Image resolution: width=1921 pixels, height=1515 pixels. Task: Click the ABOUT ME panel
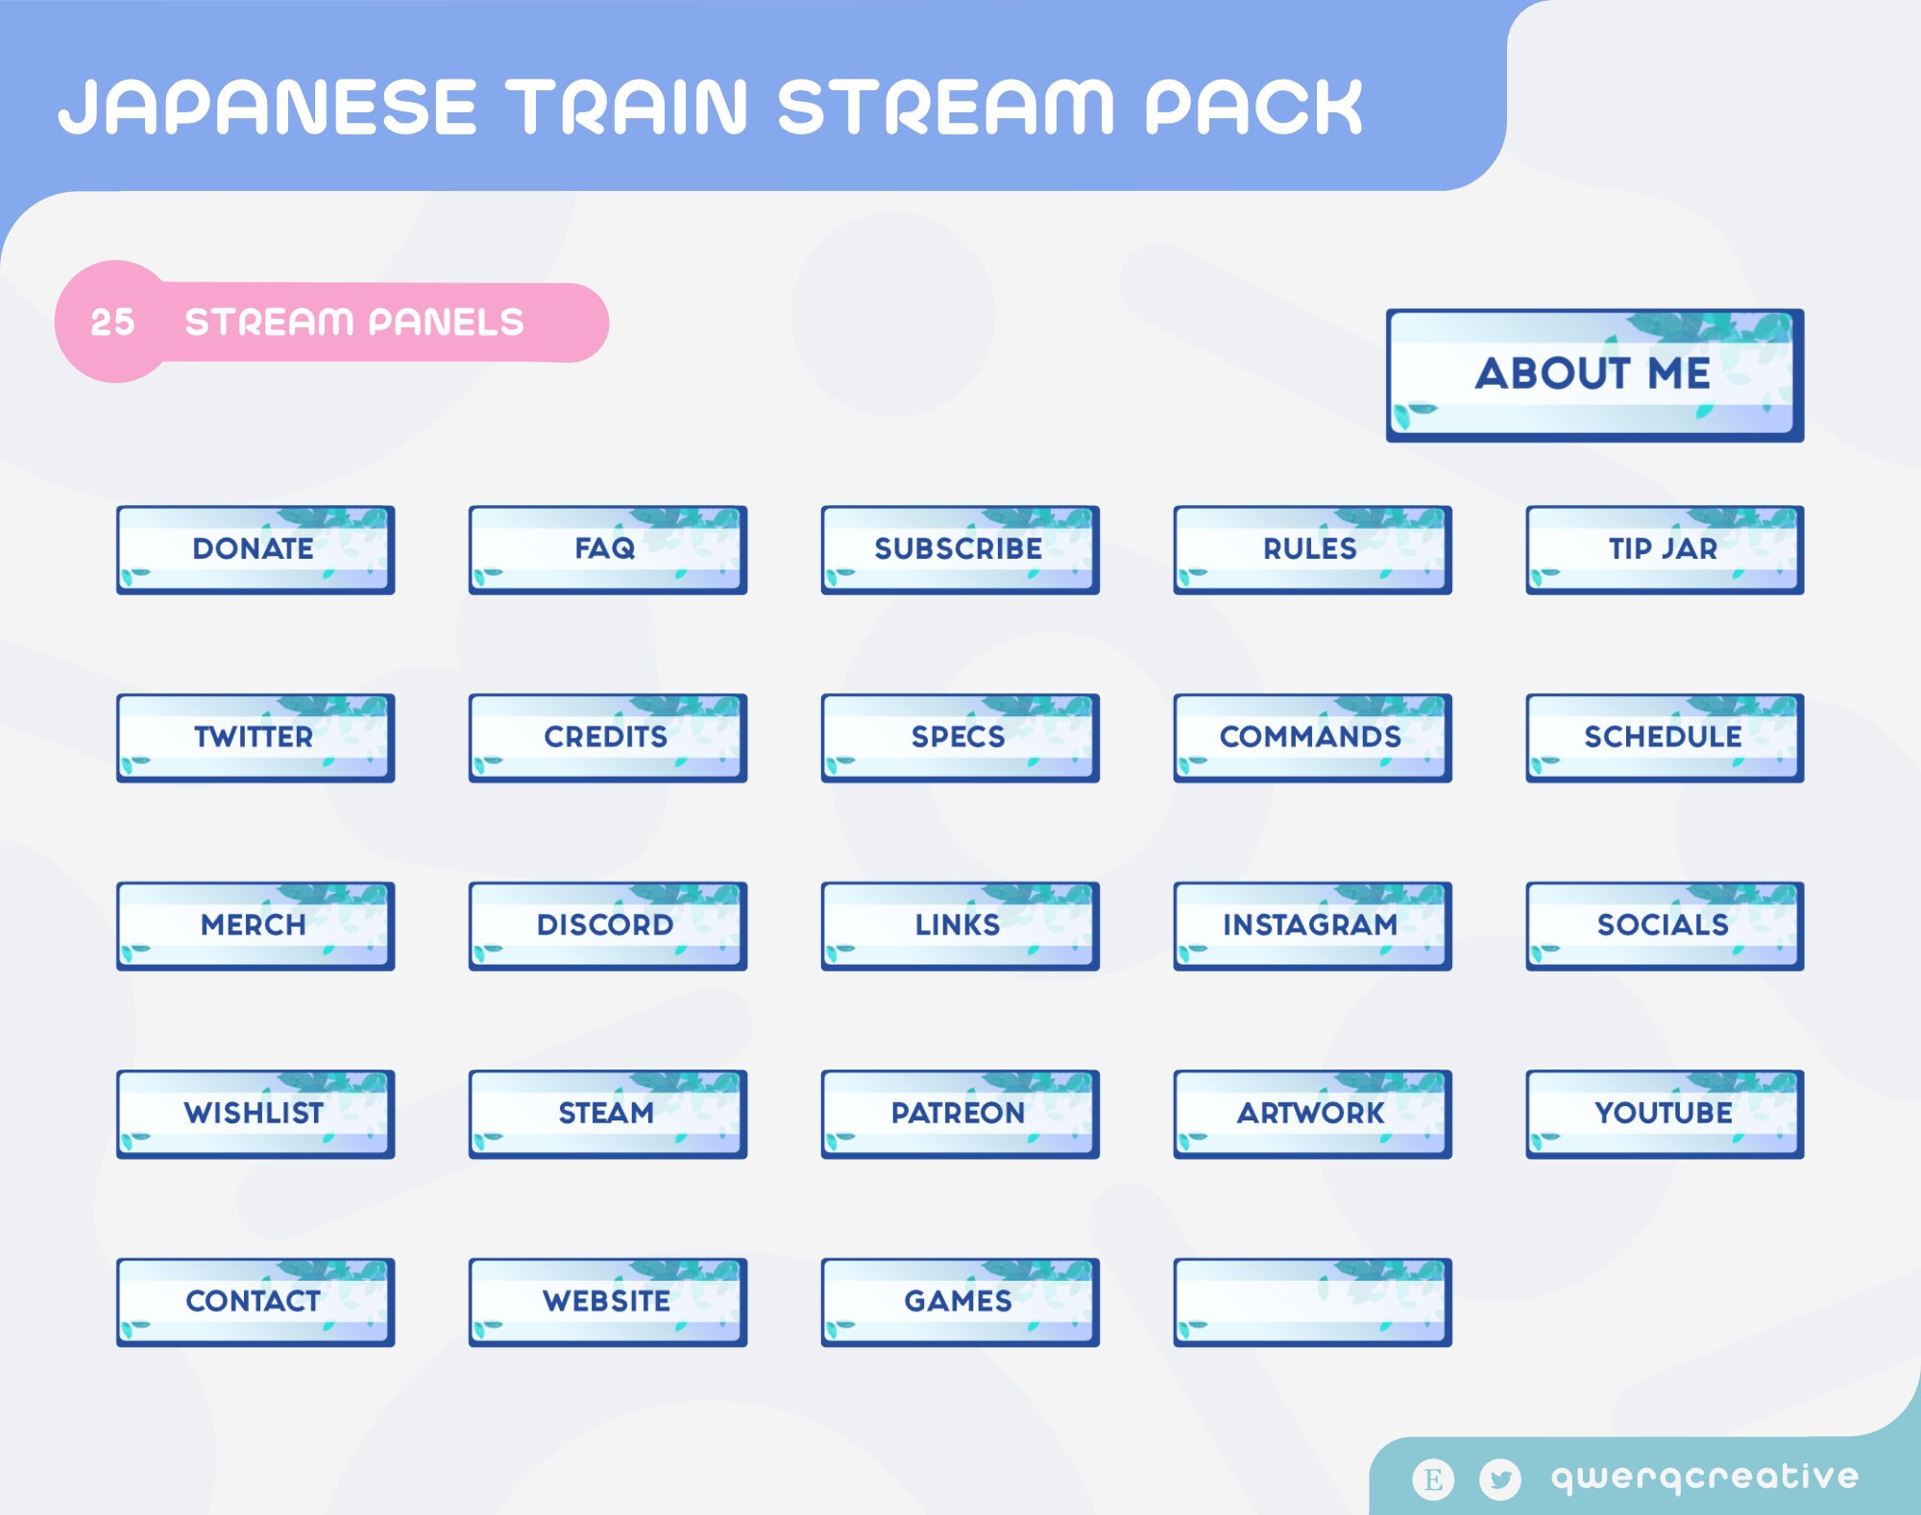coord(1594,374)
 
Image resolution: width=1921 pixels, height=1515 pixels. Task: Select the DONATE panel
coord(255,549)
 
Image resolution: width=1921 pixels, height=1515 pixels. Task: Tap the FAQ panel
coord(607,549)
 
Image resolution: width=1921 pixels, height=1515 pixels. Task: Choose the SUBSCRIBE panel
coord(960,549)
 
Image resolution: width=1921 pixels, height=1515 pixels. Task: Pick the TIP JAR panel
coord(1665,549)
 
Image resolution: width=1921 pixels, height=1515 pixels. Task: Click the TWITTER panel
coord(255,737)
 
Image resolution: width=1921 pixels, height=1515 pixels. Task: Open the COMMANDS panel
coord(1312,737)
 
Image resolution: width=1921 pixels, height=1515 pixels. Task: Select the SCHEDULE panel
coord(1665,737)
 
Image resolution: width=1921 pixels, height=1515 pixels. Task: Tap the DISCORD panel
coord(607,926)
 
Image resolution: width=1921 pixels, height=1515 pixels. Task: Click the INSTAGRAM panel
coord(1312,926)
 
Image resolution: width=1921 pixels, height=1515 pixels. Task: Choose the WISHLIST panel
coord(255,1114)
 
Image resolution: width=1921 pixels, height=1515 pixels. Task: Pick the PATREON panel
coord(960,1114)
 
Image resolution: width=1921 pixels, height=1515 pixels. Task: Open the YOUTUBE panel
coord(1665,1114)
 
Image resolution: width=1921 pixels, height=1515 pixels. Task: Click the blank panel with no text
coord(1312,1302)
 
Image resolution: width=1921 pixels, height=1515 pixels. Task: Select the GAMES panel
coord(960,1302)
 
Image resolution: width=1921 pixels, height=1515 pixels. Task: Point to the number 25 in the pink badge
coord(112,323)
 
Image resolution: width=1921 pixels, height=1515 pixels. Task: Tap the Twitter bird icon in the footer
coord(1499,1479)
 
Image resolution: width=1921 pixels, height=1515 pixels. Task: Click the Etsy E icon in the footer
coord(1433,1479)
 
